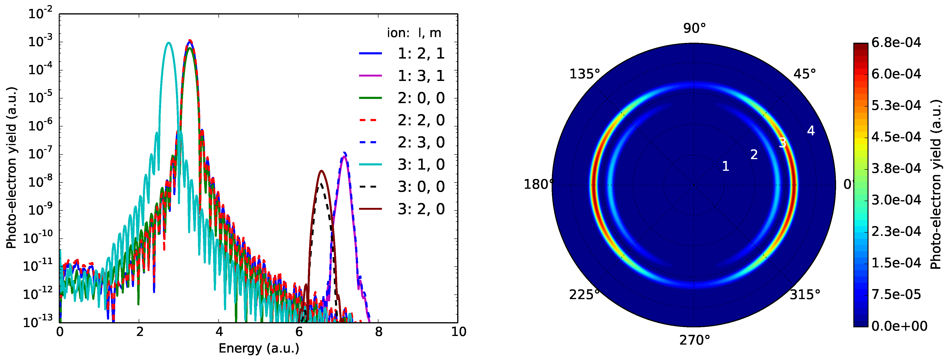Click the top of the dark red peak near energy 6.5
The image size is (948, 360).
coord(321,171)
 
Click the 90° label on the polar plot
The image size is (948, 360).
coord(694,28)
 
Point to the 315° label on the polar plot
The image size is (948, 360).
coord(805,294)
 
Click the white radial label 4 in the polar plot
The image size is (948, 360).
coord(811,131)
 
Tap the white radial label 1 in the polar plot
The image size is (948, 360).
coord(725,166)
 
